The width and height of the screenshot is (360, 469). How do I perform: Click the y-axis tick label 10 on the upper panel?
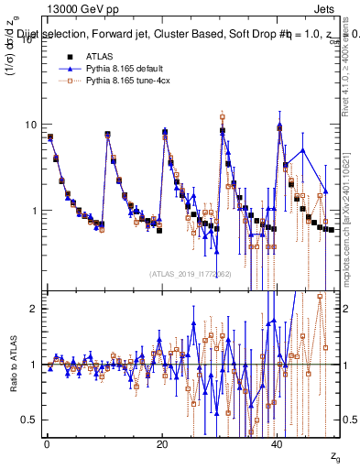(x=30, y=125)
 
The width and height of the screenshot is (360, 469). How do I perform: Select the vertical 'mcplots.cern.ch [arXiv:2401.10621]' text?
(x=352, y=211)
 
